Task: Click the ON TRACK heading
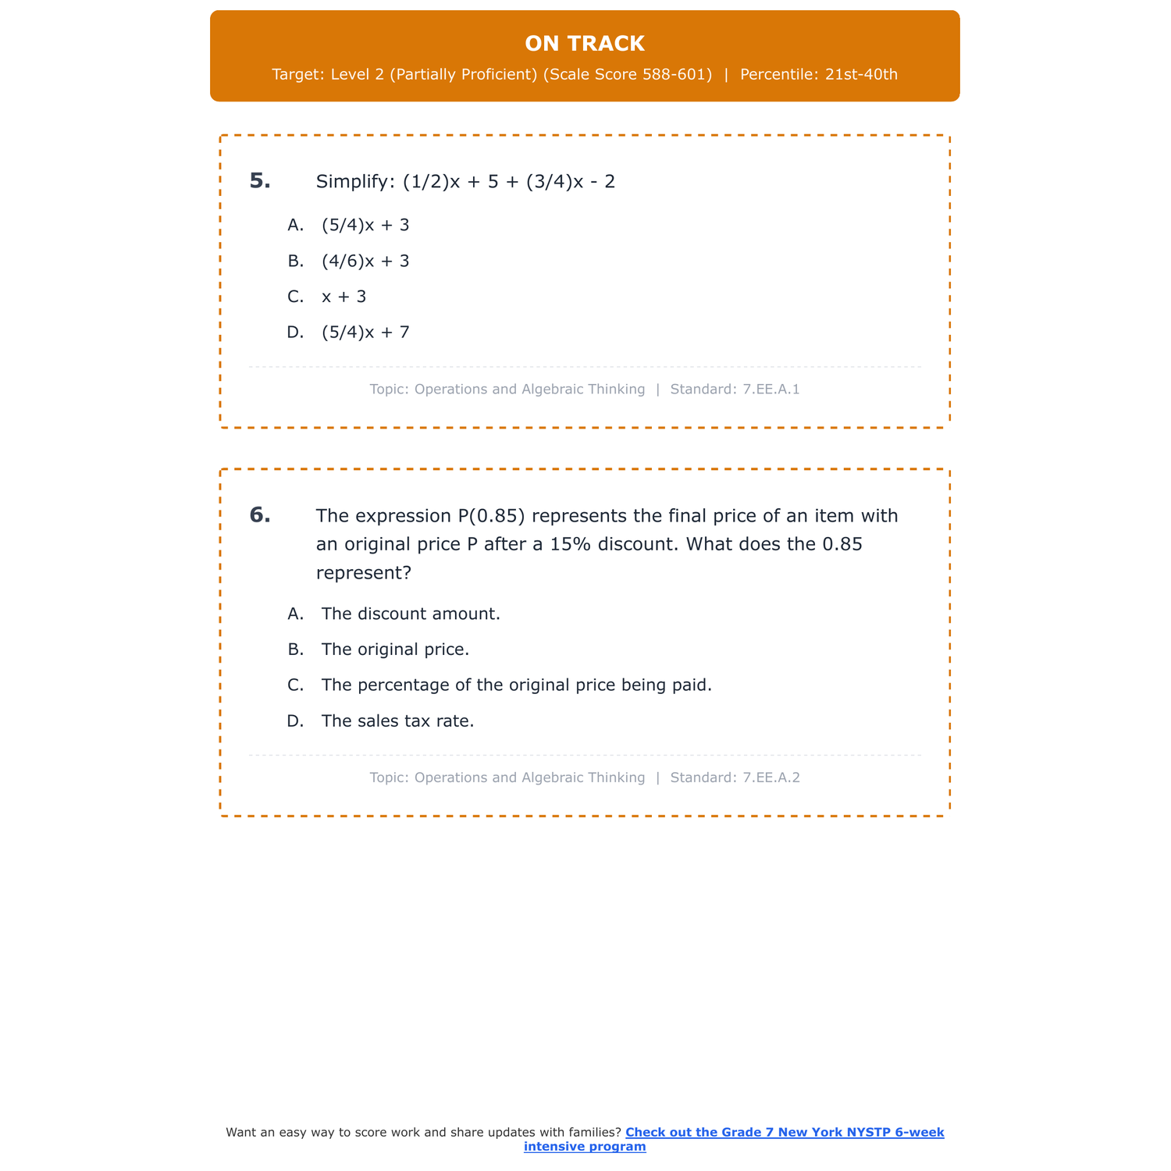coord(585,44)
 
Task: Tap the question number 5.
coord(260,181)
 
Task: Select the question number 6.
coord(260,515)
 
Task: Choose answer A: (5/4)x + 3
coord(365,226)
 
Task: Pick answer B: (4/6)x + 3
coord(365,262)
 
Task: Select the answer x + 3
coord(343,297)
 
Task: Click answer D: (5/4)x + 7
coord(365,333)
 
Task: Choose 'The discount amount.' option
coord(411,614)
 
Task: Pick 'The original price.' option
coord(395,650)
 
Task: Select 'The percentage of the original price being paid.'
coord(516,685)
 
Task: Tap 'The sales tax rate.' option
coord(397,721)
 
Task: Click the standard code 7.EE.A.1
coord(771,390)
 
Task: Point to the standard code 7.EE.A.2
coord(771,778)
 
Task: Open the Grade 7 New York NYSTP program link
coord(784,1133)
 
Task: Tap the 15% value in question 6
coord(571,544)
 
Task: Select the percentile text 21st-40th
coord(861,75)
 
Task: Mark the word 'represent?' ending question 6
coord(363,573)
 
